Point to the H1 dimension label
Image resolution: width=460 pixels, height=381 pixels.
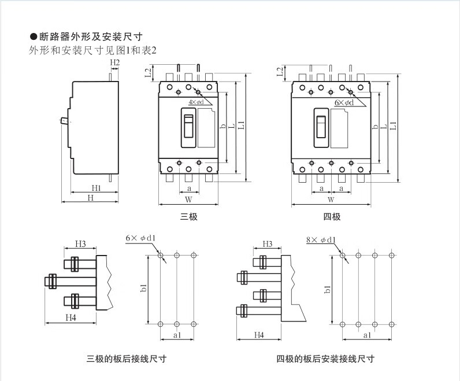pos(96,188)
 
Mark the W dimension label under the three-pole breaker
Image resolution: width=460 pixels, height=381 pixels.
pos(188,199)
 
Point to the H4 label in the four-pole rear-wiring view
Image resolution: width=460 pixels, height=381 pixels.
pos(259,335)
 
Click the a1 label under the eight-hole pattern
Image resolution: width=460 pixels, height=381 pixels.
pos(366,335)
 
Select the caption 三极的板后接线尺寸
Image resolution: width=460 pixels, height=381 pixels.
pos(127,358)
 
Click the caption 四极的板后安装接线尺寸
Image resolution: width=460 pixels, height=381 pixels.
pos(325,358)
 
